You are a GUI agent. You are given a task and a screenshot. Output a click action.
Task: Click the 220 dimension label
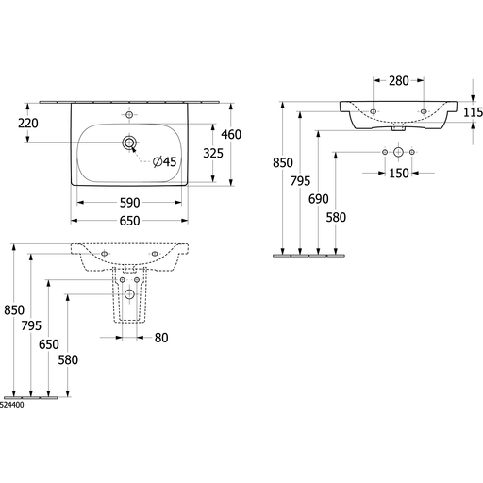28,124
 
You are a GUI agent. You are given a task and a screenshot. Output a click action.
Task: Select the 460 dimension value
231,135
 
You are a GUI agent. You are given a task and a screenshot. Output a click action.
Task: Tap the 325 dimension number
213,153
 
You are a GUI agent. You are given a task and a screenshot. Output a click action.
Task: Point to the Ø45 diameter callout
164,161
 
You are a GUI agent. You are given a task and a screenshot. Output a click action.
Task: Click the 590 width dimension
129,203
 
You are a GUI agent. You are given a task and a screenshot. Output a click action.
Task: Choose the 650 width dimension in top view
129,221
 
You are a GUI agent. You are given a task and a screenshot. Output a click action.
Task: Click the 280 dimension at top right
399,81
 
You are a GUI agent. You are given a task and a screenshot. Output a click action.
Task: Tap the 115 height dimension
473,112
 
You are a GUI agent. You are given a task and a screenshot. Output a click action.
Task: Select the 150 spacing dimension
399,173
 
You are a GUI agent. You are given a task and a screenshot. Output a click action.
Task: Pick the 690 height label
318,199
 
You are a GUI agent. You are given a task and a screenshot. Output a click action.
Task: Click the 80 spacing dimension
161,338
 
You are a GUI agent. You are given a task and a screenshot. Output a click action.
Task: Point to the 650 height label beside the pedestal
49,344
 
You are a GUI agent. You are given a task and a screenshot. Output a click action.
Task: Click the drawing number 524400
11,405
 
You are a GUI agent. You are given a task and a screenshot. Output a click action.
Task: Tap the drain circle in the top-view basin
129,143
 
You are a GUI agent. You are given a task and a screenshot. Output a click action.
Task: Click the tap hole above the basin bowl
129,115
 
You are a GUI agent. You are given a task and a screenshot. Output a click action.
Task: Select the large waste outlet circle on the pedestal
129,294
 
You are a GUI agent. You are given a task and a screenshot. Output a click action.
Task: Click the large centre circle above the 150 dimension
398,152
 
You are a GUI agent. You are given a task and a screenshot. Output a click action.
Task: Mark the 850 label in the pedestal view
14,310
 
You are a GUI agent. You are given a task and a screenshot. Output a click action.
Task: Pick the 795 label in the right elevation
300,181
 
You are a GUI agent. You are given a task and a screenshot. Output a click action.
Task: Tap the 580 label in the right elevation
336,217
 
